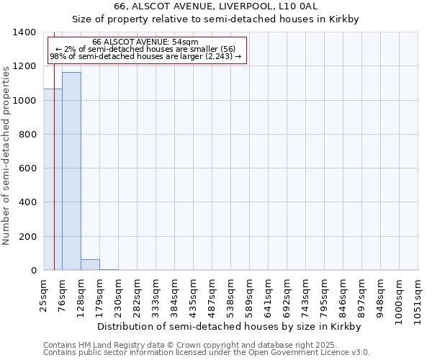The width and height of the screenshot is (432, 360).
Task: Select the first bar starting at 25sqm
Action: tap(53, 179)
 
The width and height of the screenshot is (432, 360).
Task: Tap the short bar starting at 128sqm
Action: tap(90, 265)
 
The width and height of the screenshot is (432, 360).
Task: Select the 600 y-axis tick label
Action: tap(29, 168)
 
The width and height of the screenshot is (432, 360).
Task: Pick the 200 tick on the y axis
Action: tap(29, 237)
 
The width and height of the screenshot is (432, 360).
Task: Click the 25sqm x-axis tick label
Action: tap(44, 294)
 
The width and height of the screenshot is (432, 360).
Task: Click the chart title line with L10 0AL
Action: tap(216, 6)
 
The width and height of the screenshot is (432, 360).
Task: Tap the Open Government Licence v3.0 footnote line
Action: tap(207, 353)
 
